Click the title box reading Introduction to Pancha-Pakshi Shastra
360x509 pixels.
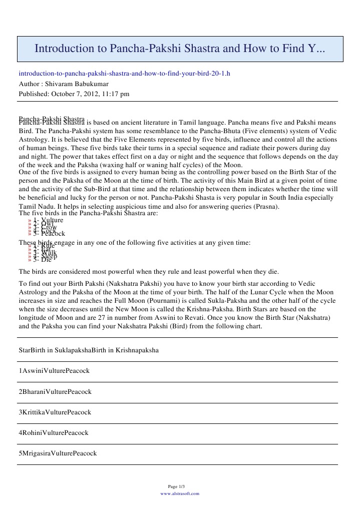coord(180,49)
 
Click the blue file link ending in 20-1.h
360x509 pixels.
coord(124,73)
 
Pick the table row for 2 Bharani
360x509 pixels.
coord(55,391)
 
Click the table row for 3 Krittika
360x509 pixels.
coord(55,412)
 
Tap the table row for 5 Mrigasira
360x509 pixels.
coord(58,453)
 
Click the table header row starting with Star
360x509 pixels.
coord(89,350)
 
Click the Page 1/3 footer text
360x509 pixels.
coord(180,486)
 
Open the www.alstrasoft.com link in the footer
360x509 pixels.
coord(180,493)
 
